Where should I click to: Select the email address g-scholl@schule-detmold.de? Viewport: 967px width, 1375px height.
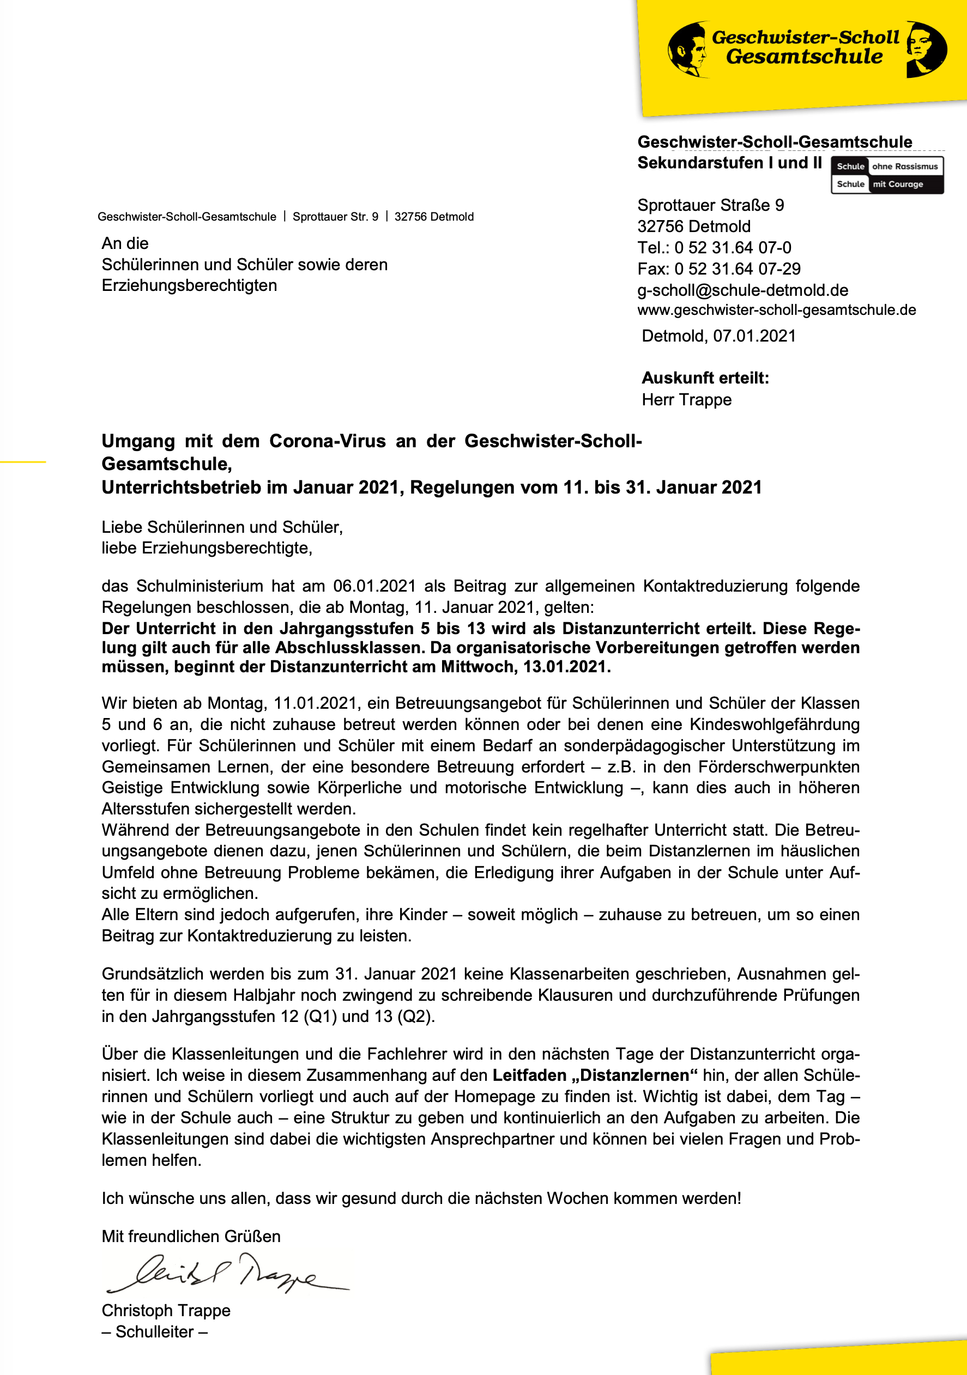(x=742, y=290)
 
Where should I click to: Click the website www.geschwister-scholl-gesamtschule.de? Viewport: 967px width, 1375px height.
(x=776, y=310)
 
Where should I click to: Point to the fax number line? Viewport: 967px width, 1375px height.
(x=718, y=269)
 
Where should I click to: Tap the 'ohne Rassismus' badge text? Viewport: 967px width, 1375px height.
(x=905, y=167)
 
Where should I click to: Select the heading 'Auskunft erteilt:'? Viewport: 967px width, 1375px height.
(x=705, y=378)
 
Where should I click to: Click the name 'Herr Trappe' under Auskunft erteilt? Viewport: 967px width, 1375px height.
(x=687, y=399)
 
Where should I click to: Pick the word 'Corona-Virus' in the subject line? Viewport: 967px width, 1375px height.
(x=327, y=441)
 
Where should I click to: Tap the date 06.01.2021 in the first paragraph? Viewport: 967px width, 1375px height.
(x=374, y=586)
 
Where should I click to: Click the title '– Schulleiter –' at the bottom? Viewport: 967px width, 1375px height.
(x=155, y=1332)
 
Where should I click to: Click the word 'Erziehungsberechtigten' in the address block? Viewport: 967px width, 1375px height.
(x=189, y=285)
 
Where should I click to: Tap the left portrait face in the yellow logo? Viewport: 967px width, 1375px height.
(x=689, y=50)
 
